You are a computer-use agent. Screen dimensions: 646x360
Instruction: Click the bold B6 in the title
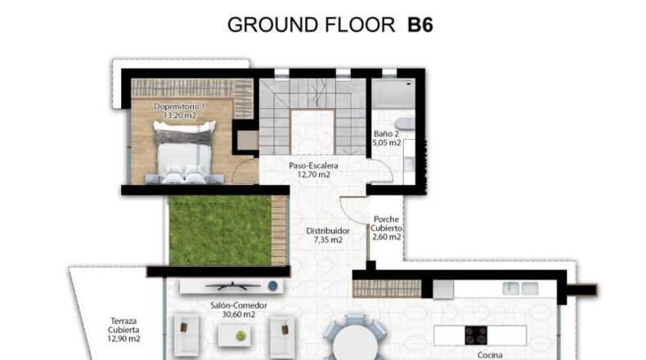[419, 25]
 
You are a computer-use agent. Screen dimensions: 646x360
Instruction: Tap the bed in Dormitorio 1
[185, 151]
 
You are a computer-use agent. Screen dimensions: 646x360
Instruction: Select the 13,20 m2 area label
[180, 115]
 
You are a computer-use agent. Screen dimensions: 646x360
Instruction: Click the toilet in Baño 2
[405, 124]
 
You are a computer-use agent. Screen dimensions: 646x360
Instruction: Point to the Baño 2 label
[386, 133]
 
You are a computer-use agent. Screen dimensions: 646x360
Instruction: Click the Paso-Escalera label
[313, 165]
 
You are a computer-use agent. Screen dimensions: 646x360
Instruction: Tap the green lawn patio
[221, 231]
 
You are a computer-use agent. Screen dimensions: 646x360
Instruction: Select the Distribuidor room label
[328, 231]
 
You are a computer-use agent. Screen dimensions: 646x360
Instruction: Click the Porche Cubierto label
[386, 223]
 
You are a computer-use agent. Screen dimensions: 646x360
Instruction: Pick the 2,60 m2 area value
[387, 237]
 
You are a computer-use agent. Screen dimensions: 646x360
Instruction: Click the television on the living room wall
[233, 286]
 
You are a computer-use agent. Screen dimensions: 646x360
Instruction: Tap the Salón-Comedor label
[239, 305]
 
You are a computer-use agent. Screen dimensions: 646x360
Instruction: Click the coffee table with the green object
[234, 335]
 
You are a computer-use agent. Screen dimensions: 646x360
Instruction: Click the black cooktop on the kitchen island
[476, 335]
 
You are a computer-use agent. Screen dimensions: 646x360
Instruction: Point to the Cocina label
[490, 355]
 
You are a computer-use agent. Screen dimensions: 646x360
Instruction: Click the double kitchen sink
[520, 289]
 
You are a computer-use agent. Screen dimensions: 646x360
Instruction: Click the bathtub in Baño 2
[393, 93]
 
